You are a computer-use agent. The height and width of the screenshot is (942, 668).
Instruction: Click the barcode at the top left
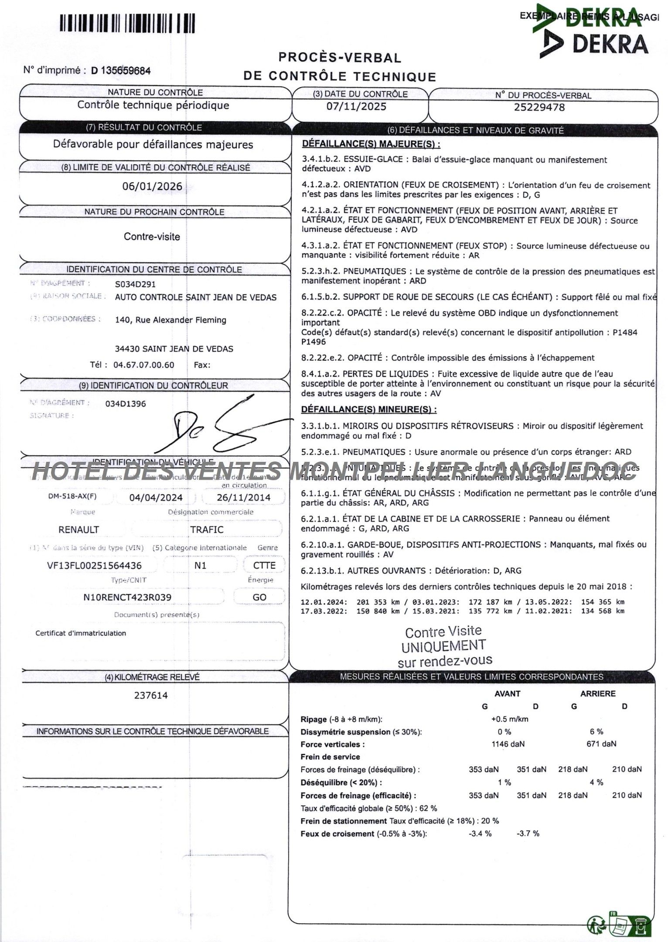click(127, 23)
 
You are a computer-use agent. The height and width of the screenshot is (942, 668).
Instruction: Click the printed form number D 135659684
click(121, 70)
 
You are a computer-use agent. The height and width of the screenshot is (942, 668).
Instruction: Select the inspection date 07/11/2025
click(356, 106)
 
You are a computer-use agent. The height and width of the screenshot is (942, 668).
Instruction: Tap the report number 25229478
click(539, 107)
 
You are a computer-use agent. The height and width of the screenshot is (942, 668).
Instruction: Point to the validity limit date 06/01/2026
click(152, 186)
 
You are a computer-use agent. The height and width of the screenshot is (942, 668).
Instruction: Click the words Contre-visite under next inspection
click(152, 237)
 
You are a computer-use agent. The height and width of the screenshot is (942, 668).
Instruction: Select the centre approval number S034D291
click(135, 284)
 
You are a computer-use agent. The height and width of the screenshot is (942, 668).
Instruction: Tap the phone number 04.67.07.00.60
click(143, 365)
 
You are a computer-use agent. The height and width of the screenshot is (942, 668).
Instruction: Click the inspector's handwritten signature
click(227, 427)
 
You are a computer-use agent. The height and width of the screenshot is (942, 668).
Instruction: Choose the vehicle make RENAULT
click(78, 529)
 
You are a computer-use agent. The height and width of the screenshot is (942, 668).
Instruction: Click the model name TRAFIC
click(207, 529)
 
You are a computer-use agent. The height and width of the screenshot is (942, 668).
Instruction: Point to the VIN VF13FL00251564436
click(94, 566)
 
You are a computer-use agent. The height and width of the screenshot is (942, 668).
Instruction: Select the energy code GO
click(259, 597)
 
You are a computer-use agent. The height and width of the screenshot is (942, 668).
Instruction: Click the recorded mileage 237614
click(151, 695)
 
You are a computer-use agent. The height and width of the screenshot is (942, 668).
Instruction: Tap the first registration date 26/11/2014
click(244, 498)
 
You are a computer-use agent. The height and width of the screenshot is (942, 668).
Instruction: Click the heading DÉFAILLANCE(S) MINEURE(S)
click(368, 410)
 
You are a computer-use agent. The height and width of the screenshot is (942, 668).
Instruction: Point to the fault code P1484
click(625, 332)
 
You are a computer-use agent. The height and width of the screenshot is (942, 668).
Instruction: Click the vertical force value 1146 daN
click(508, 744)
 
